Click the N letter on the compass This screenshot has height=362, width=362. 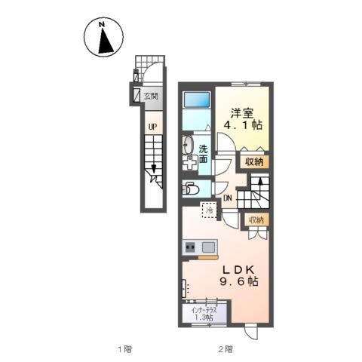102,24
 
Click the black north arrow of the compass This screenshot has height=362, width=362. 105,41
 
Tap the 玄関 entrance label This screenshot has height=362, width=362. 151,96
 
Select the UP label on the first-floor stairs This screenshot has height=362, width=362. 152,127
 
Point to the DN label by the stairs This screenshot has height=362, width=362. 228,198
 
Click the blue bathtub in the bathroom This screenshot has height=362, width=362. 197,100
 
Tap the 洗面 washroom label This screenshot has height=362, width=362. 203,154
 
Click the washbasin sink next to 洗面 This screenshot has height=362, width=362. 187,146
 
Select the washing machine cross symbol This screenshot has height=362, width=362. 190,163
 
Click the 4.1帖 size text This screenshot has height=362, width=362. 243,125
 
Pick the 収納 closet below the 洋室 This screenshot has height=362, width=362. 254,162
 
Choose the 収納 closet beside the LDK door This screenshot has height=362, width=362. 256,220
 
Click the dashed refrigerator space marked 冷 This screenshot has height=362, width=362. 209,210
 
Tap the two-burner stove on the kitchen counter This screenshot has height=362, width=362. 190,247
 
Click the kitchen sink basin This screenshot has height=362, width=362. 208,247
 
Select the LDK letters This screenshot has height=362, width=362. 239,270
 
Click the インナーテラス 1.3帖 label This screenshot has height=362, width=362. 204,314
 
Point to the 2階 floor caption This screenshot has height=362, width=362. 225,349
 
